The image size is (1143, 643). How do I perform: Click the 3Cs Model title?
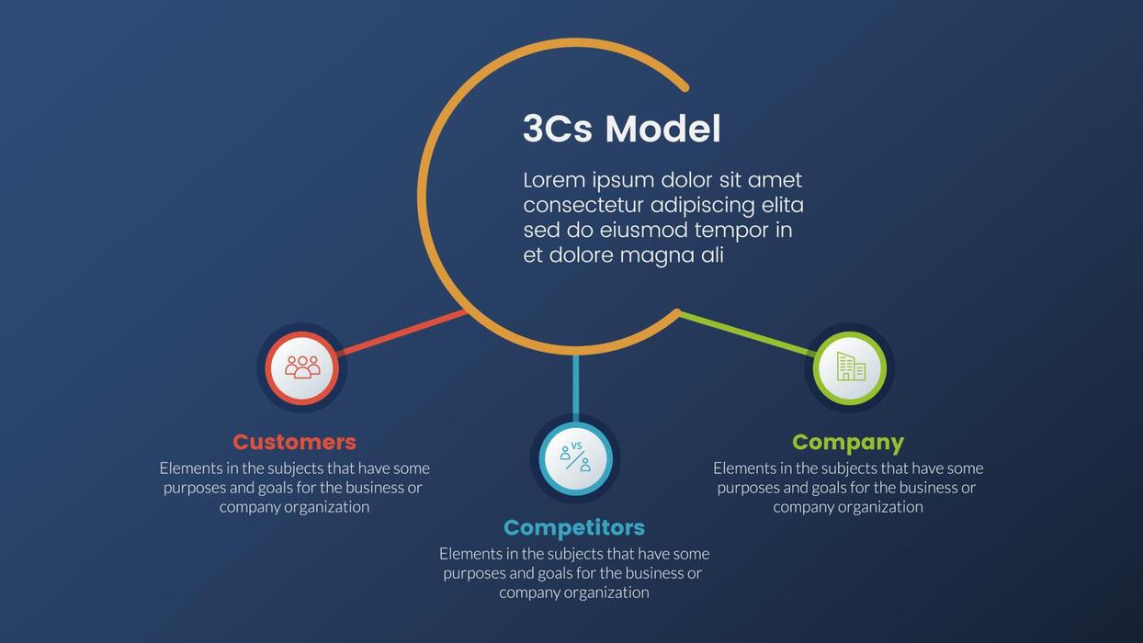tap(621, 130)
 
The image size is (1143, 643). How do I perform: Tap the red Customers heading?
tap(294, 442)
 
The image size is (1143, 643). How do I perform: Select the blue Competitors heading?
tap(574, 527)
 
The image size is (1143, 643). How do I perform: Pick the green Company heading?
tap(848, 442)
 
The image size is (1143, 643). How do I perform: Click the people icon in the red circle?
tap(302, 367)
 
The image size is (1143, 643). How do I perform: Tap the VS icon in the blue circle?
tap(575, 457)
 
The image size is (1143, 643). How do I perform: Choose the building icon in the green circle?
tap(850, 367)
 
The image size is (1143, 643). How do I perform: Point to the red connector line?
tap(402, 333)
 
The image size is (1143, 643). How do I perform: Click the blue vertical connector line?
tap(576, 386)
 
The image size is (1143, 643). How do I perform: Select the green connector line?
tap(746, 333)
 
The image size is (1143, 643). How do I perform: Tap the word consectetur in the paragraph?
tap(583, 205)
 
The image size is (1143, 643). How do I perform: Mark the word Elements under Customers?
tap(190, 468)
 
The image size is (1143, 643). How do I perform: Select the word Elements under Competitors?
tap(470, 554)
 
